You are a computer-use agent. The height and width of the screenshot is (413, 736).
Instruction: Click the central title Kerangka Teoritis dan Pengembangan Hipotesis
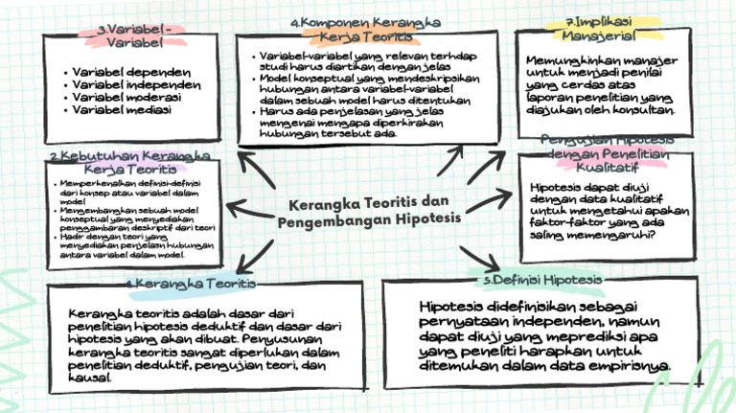(369, 212)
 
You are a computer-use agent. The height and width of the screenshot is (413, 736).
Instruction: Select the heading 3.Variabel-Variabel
(135, 36)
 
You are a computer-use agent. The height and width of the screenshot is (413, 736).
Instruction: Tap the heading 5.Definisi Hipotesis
(543, 279)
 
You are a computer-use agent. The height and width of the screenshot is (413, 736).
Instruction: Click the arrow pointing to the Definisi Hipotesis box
(480, 257)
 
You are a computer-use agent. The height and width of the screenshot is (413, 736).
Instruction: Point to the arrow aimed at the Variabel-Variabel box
(257, 170)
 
